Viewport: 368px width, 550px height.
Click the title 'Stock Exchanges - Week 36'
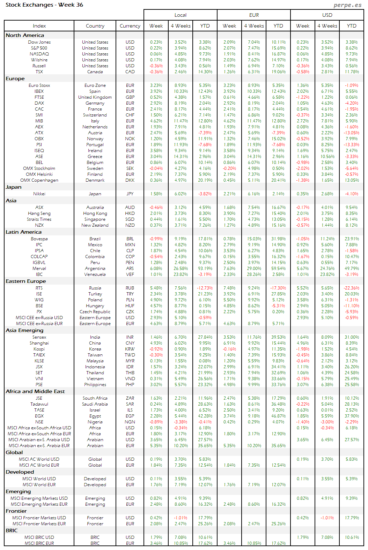(x=44, y=5)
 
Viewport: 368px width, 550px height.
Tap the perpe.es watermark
(x=347, y=5)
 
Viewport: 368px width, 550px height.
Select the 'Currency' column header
(x=130, y=26)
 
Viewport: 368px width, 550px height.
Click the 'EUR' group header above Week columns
(x=254, y=15)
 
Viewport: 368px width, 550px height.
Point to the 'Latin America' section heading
(x=23, y=232)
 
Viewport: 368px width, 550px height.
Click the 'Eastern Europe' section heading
(x=25, y=281)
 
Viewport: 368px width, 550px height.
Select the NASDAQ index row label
(x=39, y=54)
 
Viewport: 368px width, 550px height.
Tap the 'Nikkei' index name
(x=39, y=194)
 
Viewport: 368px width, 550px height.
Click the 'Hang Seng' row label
(x=39, y=213)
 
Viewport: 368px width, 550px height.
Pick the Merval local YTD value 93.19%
(x=205, y=269)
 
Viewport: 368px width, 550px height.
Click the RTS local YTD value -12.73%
(x=205, y=288)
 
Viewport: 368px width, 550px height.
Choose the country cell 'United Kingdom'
(x=95, y=97)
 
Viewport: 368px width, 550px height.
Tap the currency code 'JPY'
(x=130, y=194)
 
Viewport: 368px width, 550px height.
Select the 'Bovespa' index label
(x=39, y=239)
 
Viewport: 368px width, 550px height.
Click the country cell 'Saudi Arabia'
(x=95, y=404)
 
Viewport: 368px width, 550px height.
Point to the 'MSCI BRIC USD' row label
(x=39, y=537)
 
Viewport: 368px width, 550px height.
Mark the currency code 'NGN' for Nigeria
(x=130, y=422)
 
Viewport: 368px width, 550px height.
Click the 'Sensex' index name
(x=39, y=337)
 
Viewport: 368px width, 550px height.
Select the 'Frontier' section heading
(x=16, y=511)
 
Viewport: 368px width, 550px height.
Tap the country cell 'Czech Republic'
(x=95, y=312)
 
